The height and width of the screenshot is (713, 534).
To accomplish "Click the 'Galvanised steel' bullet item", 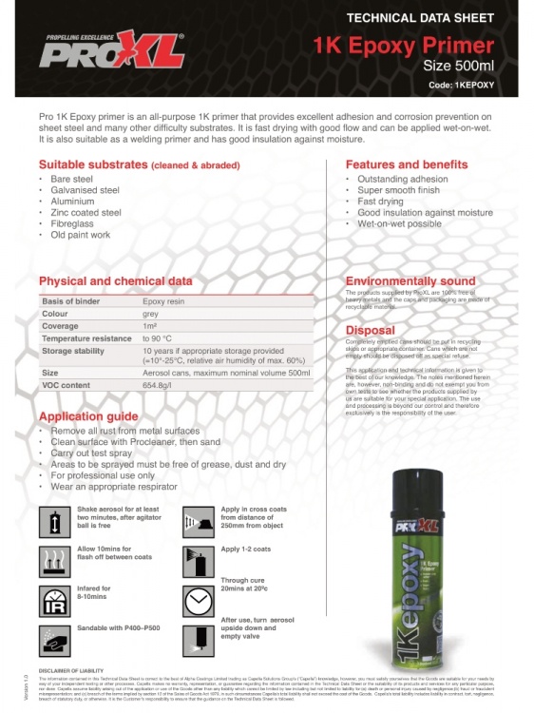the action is (85, 190).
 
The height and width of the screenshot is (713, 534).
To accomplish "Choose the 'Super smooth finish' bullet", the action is (398, 190).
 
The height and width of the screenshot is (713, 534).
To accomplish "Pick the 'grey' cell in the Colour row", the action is (150, 313).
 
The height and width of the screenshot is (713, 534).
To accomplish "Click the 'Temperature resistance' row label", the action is (86, 337).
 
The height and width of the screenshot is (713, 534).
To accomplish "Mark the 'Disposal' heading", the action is (370, 331).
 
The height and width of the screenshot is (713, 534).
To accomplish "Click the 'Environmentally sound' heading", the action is (410, 281).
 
